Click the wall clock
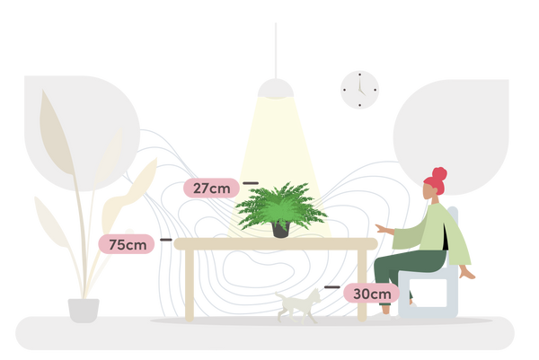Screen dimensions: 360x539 (359, 91)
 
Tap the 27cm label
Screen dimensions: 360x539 (210, 189)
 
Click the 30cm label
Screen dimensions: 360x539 (369, 293)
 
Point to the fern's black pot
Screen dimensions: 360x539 (280, 230)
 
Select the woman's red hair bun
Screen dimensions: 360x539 (438, 173)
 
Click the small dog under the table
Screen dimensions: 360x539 (301, 305)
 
